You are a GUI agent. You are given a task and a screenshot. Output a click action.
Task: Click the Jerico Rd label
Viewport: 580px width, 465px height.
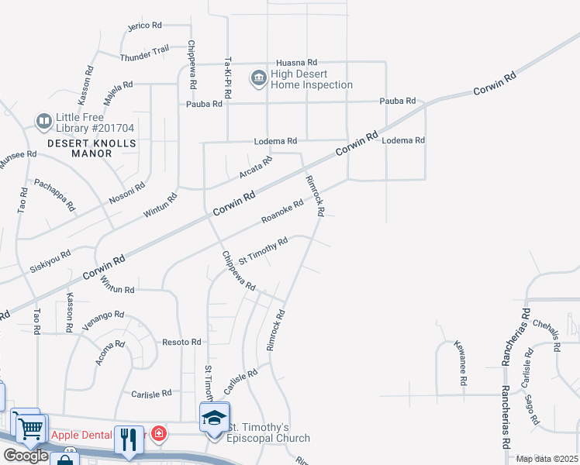[144, 26]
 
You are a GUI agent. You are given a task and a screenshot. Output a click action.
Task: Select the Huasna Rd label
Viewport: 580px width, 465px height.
[297, 62]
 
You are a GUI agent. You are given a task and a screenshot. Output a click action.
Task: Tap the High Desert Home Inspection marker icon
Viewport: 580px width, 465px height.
[257, 78]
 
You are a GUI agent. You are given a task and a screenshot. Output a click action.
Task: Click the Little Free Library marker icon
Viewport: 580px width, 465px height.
[43, 122]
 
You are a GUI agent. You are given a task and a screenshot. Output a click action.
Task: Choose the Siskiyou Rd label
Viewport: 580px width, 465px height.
[50, 257]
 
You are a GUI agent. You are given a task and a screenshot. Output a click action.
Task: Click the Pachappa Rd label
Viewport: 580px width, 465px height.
[54, 195]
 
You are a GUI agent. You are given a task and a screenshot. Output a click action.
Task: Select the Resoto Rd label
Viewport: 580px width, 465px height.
[181, 342]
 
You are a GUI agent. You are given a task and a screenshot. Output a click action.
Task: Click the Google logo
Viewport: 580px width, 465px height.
[26, 456]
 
